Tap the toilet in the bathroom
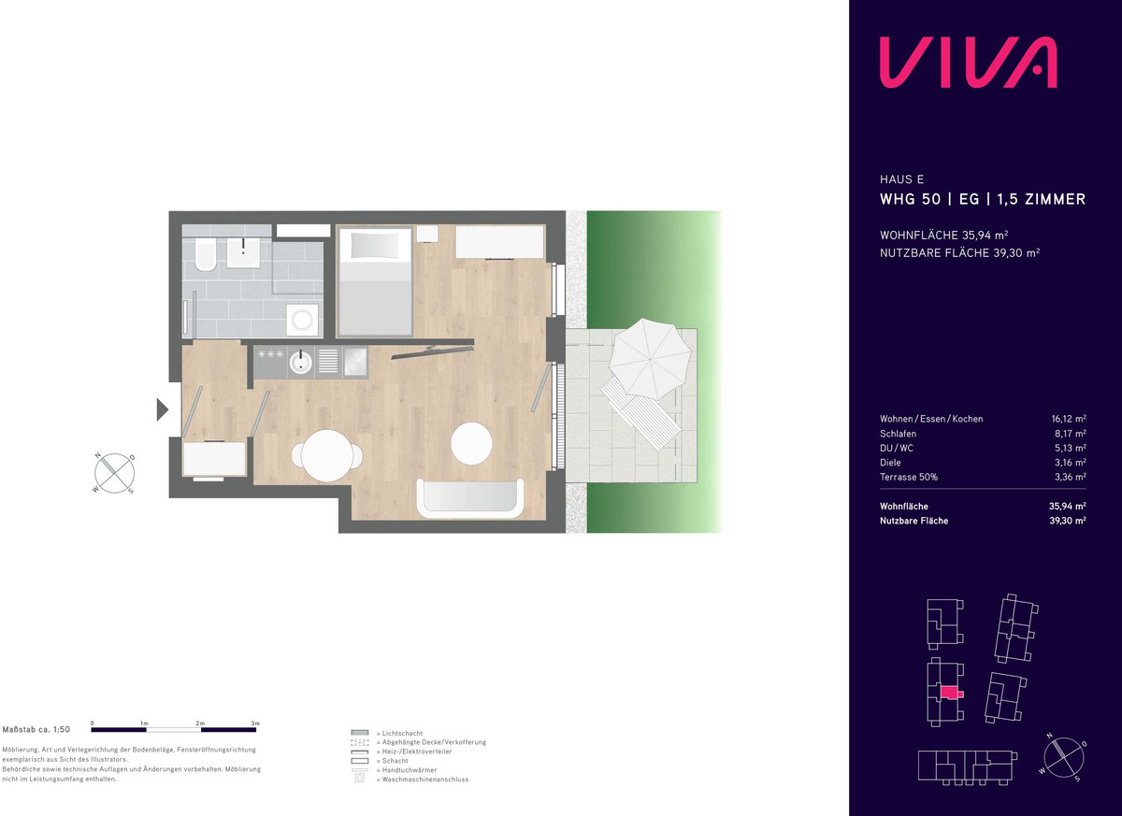206,254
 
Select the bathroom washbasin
243,252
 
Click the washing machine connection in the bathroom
303,320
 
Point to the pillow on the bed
374,245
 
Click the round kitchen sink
300,362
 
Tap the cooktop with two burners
355,362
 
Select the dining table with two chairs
327,455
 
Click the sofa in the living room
469,498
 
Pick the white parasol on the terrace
650,358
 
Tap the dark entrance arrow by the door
163,409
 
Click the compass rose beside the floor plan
115,473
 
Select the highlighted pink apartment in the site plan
950,693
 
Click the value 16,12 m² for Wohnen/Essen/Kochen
1069,419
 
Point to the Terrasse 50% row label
909,477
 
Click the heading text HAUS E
901,179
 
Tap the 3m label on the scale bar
255,723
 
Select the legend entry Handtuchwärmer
410,770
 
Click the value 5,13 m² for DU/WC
1070,448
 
